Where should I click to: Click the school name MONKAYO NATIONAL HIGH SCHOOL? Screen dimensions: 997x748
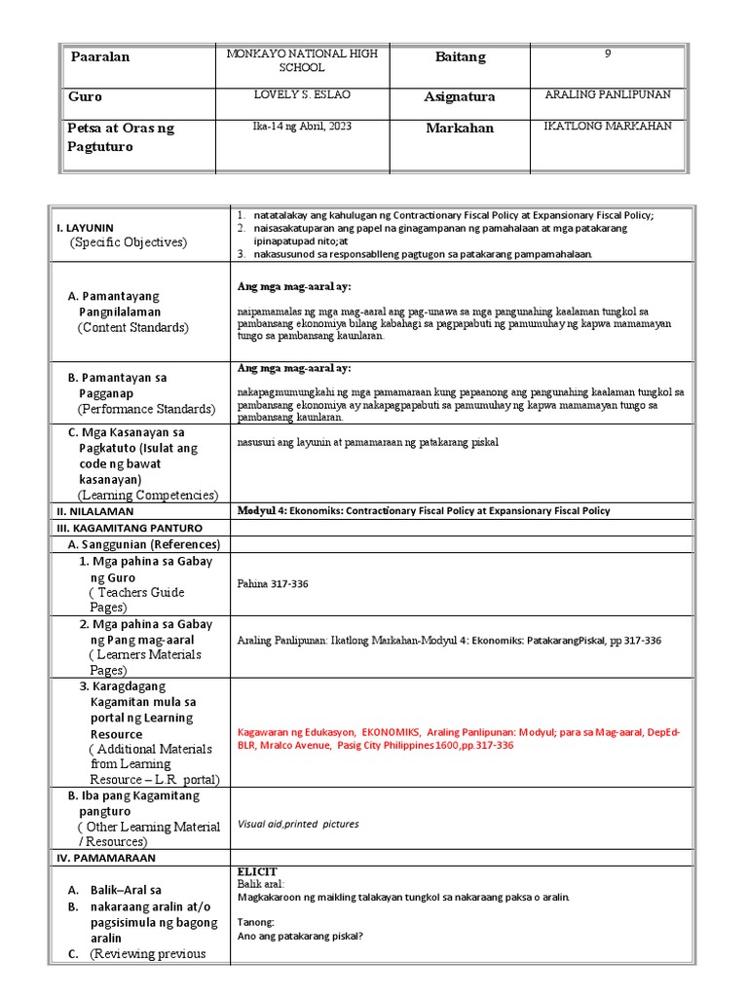(x=301, y=60)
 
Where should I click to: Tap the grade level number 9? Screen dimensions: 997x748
(x=607, y=55)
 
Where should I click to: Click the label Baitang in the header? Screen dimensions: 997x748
(x=460, y=57)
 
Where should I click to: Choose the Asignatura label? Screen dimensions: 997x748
(x=459, y=97)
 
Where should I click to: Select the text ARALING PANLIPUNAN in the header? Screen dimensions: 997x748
(x=608, y=94)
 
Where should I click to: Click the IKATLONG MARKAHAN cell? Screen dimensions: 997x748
(x=608, y=127)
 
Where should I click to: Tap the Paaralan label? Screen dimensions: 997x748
(x=99, y=57)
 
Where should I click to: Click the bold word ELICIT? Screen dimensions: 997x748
(x=257, y=870)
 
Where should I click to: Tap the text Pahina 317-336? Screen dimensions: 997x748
(x=272, y=584)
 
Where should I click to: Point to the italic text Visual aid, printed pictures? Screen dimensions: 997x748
(x=298, y=824)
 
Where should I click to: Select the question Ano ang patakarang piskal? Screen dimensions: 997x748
(x=300, y=937)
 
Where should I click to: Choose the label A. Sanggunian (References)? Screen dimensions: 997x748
(x=144, y=544)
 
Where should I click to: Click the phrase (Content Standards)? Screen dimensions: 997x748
(x=133, y=328)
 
